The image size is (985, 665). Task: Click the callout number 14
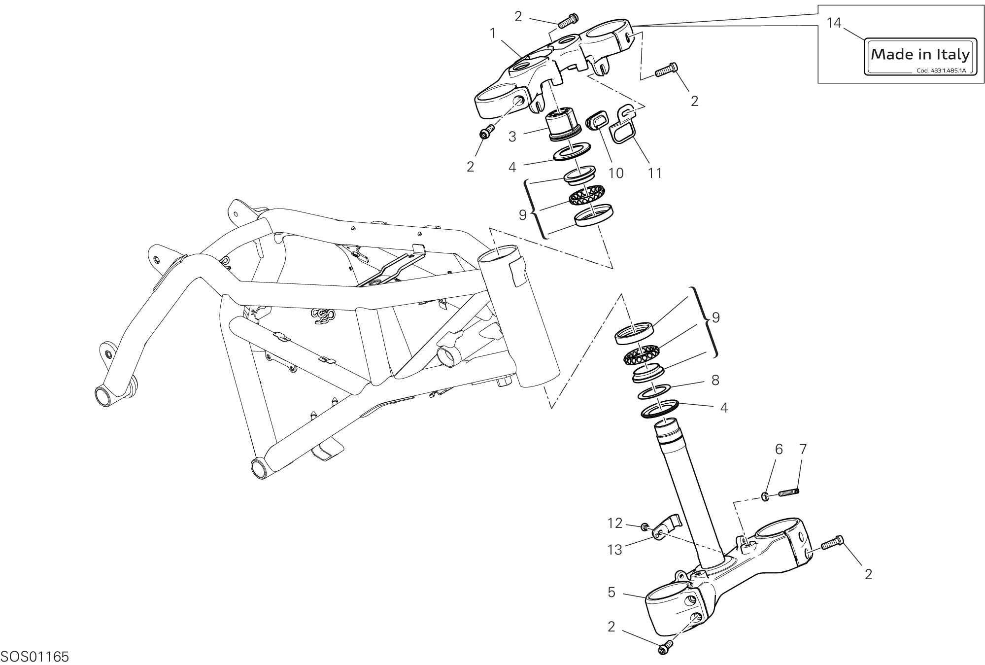[834, 23]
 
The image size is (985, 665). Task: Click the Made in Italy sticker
[921, 56]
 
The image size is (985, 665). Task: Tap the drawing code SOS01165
[34, 657]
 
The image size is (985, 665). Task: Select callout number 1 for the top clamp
[492, 34]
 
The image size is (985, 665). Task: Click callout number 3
[512, 137]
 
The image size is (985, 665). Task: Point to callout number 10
[616, 173]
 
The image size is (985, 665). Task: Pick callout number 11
[654, 173]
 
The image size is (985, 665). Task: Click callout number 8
[715, 380]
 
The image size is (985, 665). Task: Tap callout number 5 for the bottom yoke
[611, 592]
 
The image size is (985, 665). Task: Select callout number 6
[779, 449]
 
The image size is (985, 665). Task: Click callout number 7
[803, 449]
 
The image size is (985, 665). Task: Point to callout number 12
[615, 523]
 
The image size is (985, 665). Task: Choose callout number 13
[615, 550]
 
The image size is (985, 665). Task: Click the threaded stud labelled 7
[788, 491]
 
